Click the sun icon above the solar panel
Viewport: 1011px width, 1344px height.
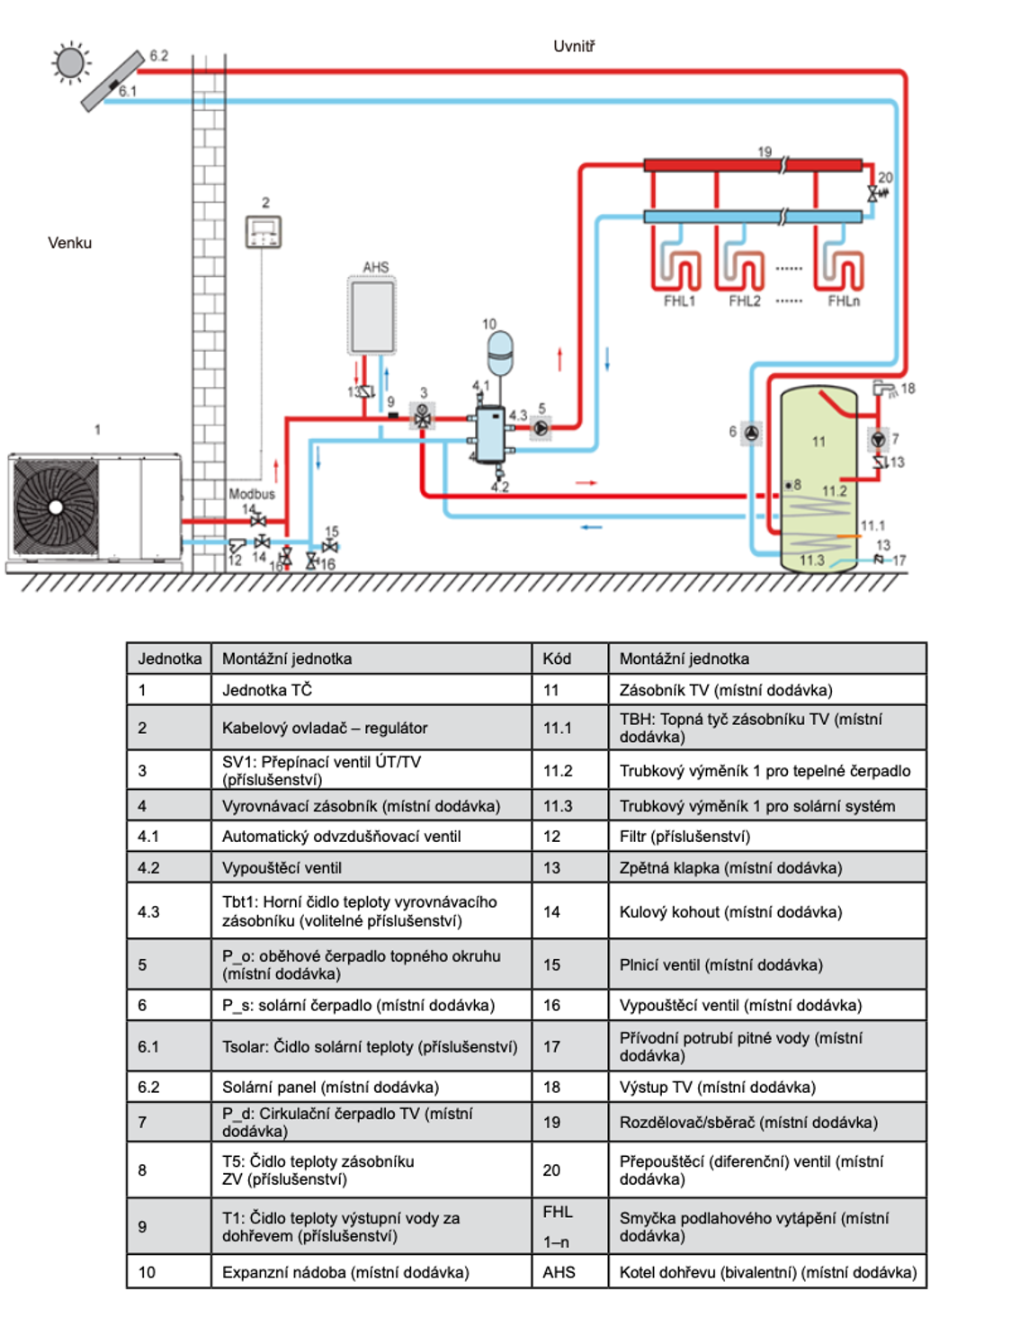click(70, 63)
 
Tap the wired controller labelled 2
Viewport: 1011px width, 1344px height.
click(264, 232)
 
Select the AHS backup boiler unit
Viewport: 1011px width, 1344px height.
click(371, 316)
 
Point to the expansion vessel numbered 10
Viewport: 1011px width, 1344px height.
click(499, 352)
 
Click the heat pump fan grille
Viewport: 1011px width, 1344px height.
click(57, 507)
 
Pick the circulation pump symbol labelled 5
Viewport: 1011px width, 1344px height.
click(541, 428)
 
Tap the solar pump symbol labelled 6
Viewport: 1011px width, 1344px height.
click(752, 433)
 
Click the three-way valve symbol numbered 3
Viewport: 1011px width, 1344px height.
click(422, 417)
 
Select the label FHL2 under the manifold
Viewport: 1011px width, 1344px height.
click(744, 301)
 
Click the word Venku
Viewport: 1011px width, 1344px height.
click(69, 243)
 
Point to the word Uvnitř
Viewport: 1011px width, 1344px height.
click(574, 47)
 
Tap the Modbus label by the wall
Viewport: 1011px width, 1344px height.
click(251, 494)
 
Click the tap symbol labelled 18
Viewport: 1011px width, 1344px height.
click(885, 389)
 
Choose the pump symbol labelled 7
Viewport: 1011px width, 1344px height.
click(878, 440)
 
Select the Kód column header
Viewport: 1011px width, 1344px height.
click(557, 659)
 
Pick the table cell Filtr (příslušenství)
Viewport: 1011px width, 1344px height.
click(684, 837)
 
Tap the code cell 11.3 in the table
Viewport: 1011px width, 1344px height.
click(558, 806)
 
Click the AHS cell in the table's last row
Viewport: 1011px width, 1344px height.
click(559, 1272)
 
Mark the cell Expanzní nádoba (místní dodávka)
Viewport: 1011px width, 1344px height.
click(345, 1272)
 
